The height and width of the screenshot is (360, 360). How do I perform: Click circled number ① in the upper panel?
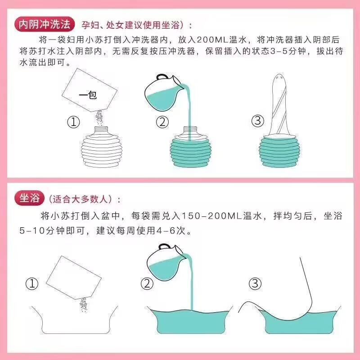[73, 121]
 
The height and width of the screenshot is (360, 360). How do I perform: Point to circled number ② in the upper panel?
[162, 121]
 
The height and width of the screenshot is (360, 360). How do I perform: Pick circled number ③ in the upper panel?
[256, 121]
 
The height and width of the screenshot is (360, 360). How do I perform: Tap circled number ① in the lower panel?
[31, 283]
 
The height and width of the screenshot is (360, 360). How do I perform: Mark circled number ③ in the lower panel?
[255, 283]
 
